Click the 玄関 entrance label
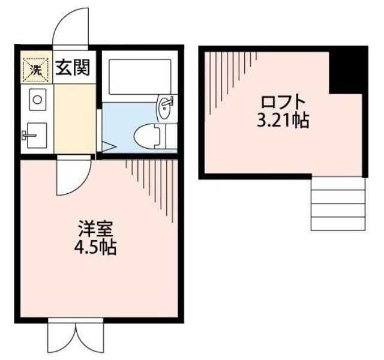point(73,68)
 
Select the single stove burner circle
point(36,100)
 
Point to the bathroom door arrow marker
point(109,145)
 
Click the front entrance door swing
point(70,27)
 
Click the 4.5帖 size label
point(96,246)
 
